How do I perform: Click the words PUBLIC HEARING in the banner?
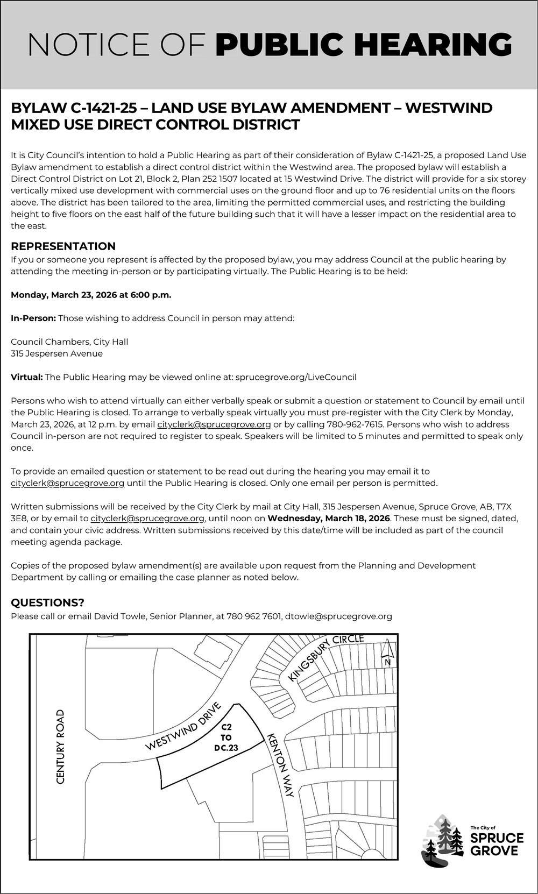pos(364,45)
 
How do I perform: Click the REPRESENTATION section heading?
pos(63,246)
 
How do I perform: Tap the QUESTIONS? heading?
pos(47,602)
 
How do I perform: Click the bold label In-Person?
pos(33,318)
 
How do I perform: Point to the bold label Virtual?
pos(27,377)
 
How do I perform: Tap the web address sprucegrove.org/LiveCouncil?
pos(296,377)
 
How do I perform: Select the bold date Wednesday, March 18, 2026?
pos(329,519)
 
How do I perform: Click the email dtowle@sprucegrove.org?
pos(338,616)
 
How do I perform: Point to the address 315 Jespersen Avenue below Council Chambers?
pos(56,354)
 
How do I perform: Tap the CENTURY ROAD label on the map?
pos(60,746)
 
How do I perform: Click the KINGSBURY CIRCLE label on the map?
pos(326,657)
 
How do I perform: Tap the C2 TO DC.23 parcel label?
pos(226,737)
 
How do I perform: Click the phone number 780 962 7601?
pos(254,616)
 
